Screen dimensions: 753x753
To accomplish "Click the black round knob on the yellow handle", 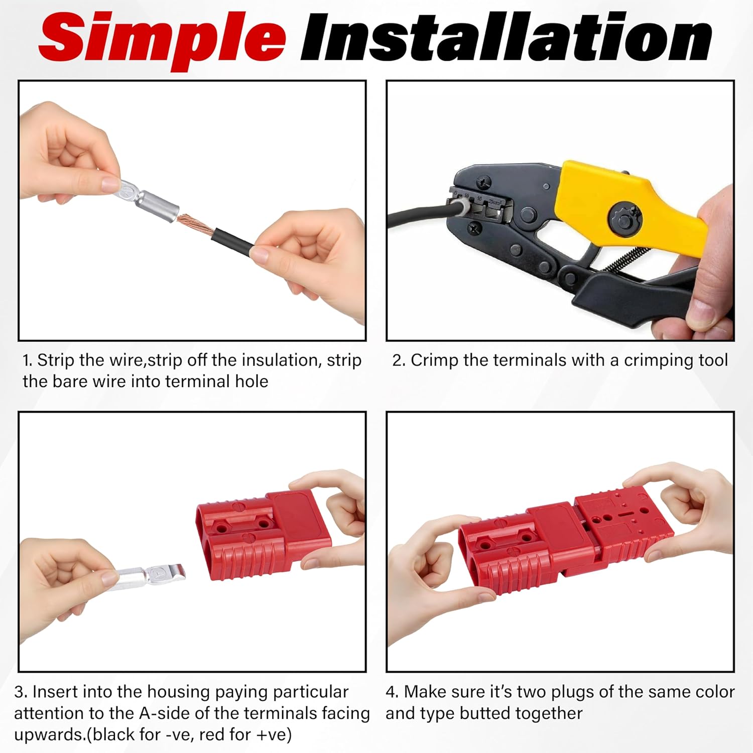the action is pos(624,218).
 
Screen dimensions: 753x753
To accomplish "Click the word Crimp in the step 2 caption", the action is pos(435,360).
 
